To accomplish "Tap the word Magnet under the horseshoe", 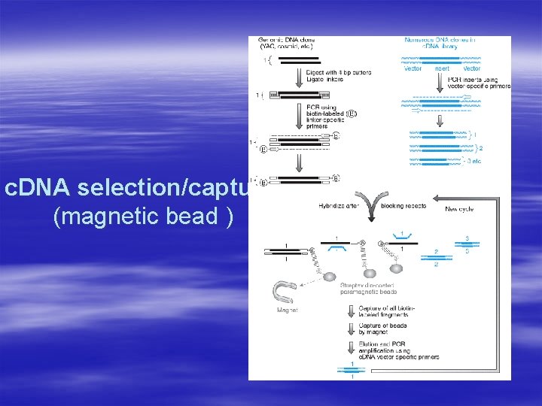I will click(x=286, y=310).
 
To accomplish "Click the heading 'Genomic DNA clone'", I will click(x=285, y=43).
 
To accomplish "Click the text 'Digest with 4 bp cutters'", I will click(x=332, y=74).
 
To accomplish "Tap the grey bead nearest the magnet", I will click(x=330, y=277).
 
